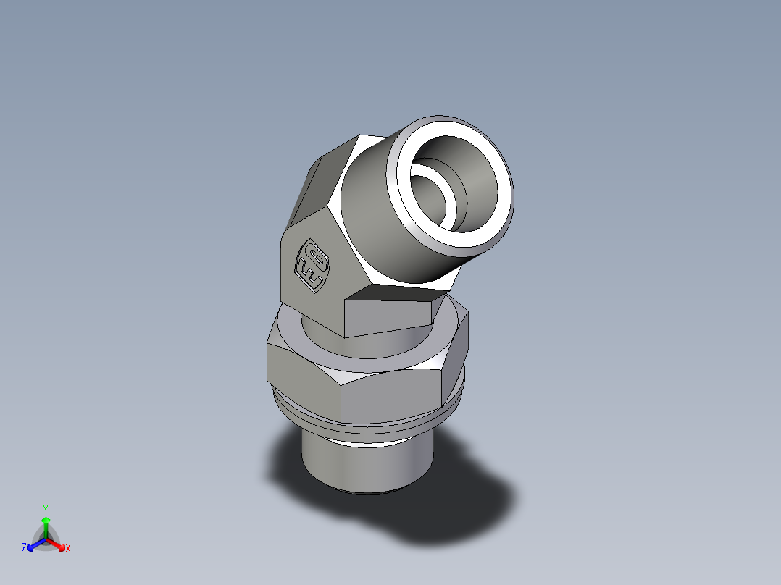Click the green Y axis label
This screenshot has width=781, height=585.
46,508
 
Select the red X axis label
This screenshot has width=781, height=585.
68,549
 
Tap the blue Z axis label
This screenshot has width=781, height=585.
24,549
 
